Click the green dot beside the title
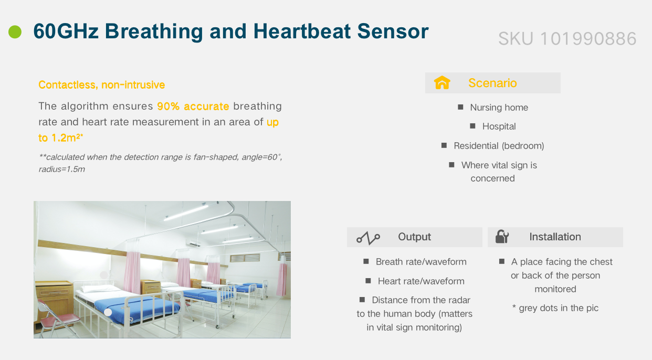15,31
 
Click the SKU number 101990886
588,38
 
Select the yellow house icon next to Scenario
442,82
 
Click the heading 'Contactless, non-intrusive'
102,84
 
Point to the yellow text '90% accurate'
193,106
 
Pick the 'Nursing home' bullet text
499,108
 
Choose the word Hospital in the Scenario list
499,126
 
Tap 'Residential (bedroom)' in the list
499,146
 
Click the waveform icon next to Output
368,238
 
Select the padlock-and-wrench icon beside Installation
502,237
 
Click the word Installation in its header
555,237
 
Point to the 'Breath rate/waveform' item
421,262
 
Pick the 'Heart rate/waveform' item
421,281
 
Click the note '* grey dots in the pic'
555,308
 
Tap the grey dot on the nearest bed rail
108,312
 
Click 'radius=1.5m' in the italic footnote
62,169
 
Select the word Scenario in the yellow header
492,83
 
